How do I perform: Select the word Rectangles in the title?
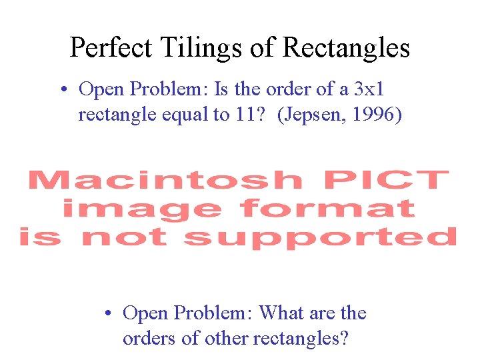click(346, 47)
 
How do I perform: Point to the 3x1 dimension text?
click(367, 89)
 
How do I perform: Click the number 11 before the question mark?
click(241, 115)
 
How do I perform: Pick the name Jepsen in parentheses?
click(305, 115)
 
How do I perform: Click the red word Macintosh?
click(164, 181)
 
